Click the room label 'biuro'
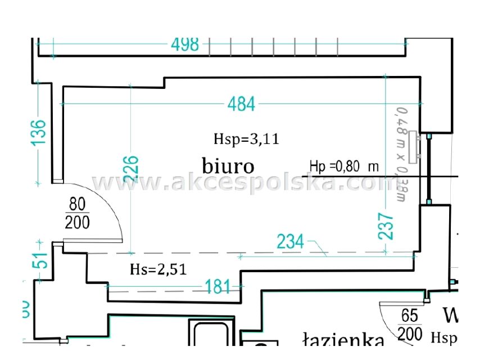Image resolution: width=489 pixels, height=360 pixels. [228, 165]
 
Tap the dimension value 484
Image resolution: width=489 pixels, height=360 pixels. [241, 103]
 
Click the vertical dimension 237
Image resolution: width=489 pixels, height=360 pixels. [386, 226]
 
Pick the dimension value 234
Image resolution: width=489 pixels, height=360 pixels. [290, 242]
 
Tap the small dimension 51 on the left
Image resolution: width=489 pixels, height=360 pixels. [39, 262]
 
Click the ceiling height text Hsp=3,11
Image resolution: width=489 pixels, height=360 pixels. [246, 139]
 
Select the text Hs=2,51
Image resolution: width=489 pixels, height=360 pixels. [158, 269]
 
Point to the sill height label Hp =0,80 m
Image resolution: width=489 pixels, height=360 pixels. [344, 166]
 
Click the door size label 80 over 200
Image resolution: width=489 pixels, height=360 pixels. [77, 213]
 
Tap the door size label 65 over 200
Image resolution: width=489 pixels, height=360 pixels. [410, 325]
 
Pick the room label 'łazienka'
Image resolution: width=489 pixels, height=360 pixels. [343, 340]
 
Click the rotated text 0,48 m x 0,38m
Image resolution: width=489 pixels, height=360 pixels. [401, 155]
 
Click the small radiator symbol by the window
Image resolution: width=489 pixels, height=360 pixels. [415, 147]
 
